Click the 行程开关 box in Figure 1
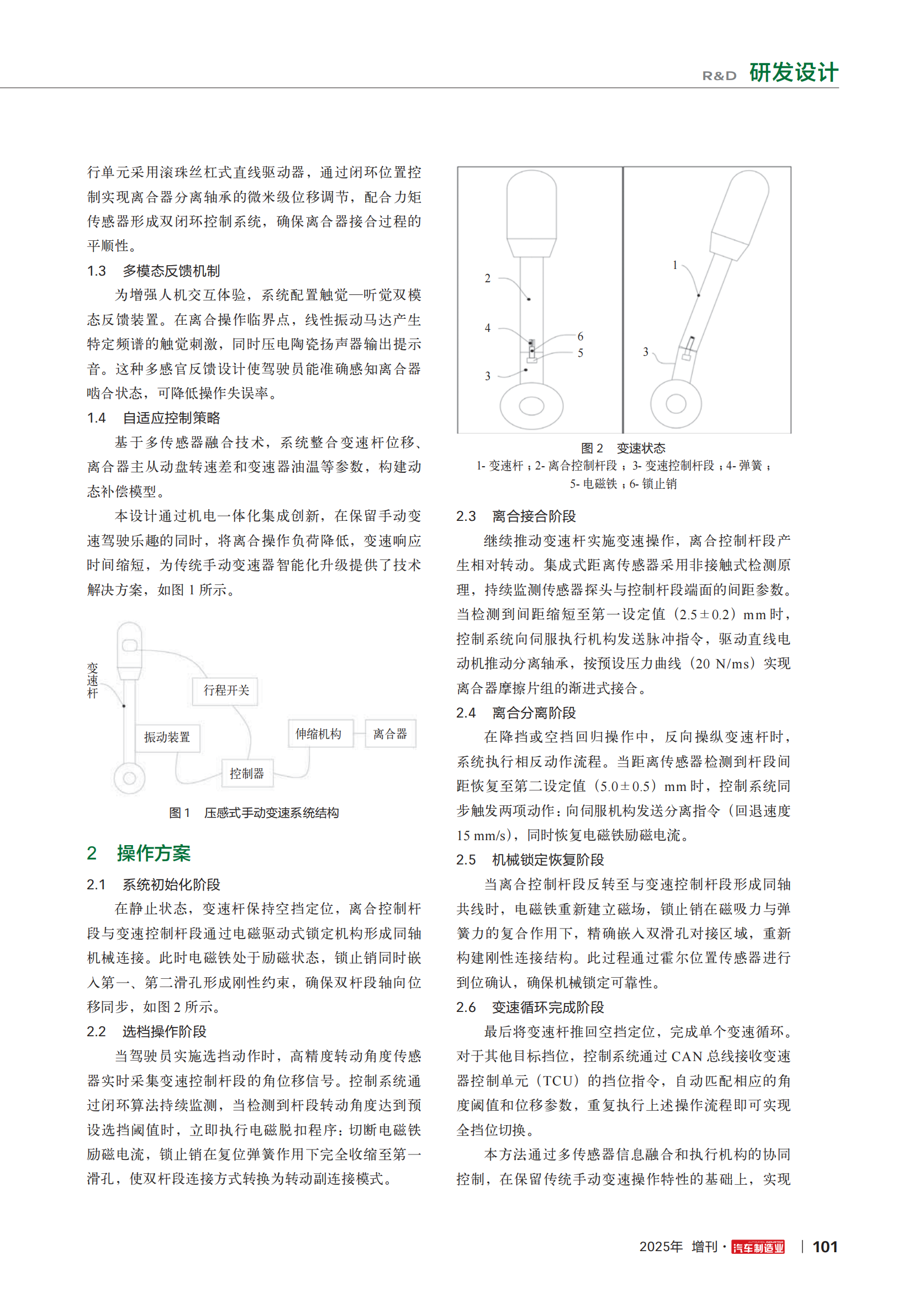pos(225,690)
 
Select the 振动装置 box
pos(167,737)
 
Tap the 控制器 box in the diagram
pos(246,773)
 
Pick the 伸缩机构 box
pos(318,734)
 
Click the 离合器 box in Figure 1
pos(390,734)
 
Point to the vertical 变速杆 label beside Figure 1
pos(92,681)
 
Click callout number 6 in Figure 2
pos(580,336)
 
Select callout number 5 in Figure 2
pos(580,354)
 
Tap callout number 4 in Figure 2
pos(488,328)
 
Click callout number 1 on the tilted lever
pos(675,265)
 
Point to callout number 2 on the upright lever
pos(488,278)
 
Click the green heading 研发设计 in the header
pos(793,73)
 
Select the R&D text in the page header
pos(719,76)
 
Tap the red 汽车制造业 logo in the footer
pos(758,1248)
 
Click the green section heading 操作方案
pos(154,853)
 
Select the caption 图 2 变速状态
pos(622,448)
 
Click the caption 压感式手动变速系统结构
pos(271,813)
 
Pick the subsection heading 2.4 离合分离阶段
pos(516,713)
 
